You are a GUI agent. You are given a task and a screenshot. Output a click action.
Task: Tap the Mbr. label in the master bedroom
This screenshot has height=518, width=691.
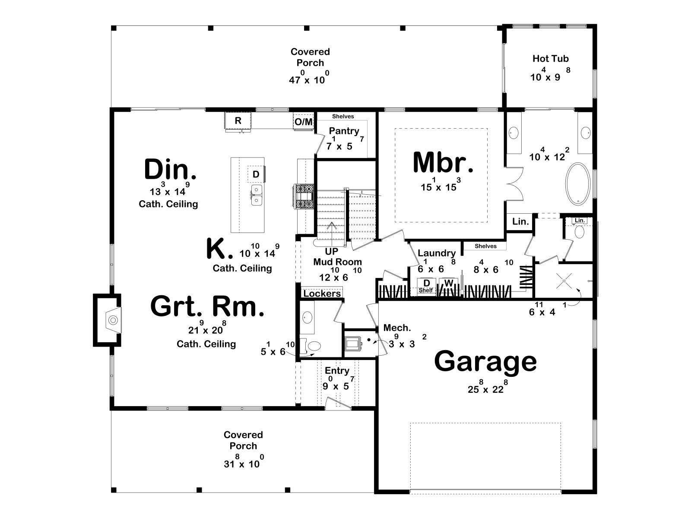443,163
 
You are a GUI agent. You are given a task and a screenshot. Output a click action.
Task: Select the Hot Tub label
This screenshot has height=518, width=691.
551,59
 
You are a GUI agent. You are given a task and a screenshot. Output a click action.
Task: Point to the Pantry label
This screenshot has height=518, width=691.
344,131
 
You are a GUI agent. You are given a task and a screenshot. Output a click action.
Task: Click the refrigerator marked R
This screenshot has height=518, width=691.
238,121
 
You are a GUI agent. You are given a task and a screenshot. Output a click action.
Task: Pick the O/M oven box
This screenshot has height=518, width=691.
304,121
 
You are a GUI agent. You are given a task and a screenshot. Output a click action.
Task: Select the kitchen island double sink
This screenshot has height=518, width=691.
257,195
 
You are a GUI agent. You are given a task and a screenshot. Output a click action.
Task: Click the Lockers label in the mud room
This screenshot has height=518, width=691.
322,294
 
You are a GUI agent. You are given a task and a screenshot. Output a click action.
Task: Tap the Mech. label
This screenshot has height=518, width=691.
397,328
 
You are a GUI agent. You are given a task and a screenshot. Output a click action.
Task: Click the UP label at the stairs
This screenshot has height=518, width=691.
332,251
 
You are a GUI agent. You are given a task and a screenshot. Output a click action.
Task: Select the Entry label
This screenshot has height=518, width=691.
337,371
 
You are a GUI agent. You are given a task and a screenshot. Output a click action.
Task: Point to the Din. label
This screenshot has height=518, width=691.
170,170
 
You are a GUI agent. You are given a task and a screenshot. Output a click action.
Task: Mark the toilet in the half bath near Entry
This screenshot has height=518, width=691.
311,346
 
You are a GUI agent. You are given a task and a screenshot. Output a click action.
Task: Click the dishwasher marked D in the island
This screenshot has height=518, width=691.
256,174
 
